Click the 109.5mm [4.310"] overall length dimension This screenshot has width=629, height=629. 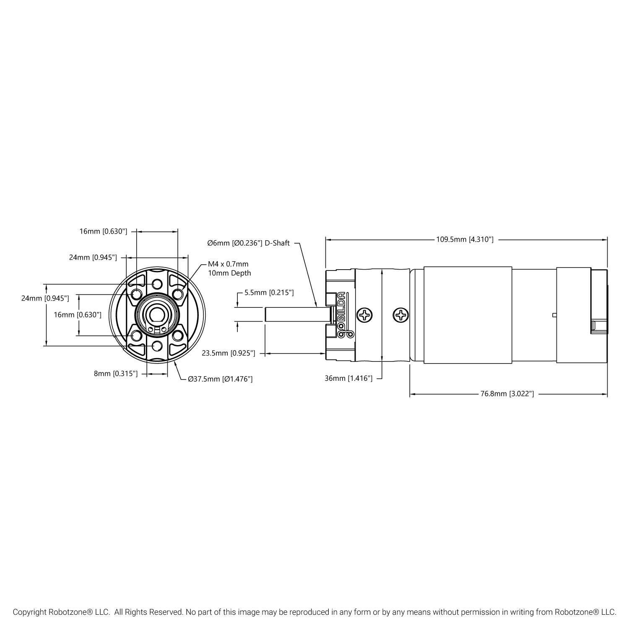465,239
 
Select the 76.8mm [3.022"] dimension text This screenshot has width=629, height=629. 507,394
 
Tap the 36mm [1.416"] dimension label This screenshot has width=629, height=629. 348,378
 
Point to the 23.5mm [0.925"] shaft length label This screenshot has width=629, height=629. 229,353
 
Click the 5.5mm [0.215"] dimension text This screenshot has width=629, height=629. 269,292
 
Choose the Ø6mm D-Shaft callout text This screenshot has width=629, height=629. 248,243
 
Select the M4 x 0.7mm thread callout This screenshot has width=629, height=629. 228,264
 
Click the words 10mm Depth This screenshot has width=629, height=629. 229,273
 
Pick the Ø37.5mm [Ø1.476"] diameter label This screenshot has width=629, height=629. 220,379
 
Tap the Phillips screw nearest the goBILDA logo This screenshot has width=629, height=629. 364,315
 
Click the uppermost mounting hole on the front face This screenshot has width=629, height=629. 157,284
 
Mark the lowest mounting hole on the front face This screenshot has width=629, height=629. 157,346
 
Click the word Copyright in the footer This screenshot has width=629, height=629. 29,612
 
